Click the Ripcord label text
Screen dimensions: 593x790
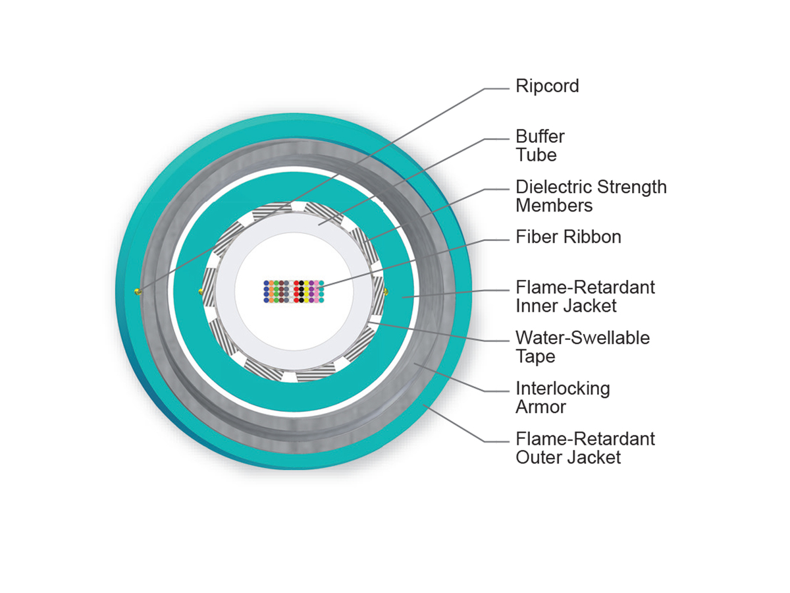point(547,86)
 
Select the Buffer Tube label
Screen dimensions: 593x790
point(540,146)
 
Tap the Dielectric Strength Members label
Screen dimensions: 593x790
point(591,196)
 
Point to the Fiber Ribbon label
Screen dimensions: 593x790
point(568,237)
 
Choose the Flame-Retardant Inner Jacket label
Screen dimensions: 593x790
point(585,296)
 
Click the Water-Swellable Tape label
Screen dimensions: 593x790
point(582,347)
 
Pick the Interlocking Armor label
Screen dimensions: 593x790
point(562,397)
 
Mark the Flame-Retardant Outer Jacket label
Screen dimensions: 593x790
point(585,447)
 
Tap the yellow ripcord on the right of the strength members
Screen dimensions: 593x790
point(386,290)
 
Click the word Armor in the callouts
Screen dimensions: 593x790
point(540,407)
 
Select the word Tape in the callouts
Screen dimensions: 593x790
point(535,356)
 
